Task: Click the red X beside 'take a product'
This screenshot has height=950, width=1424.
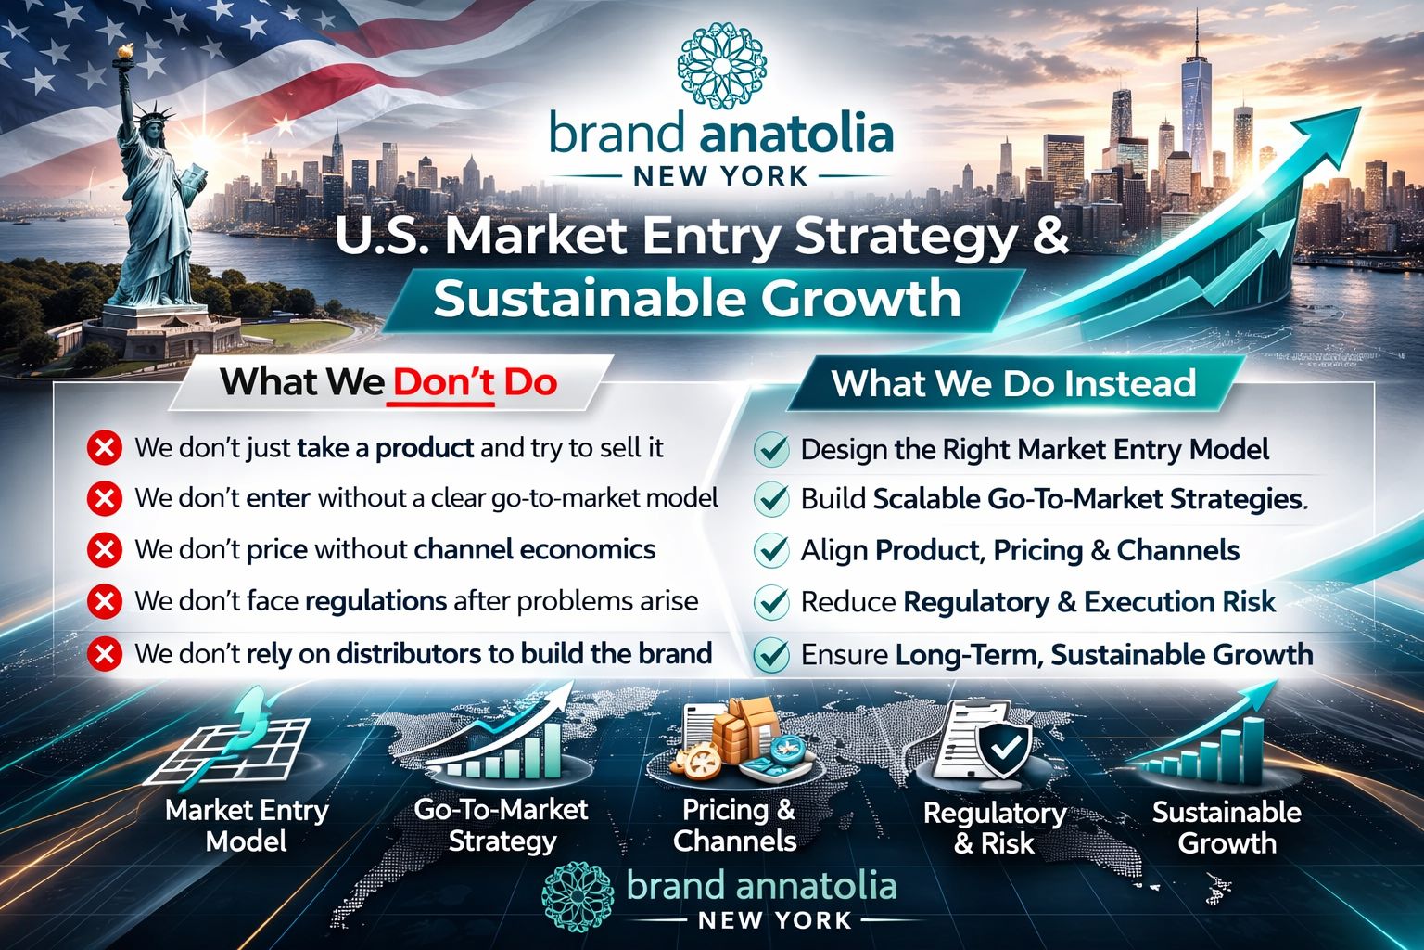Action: click(x=104, y=449)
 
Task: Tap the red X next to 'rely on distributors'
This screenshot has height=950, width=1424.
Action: click(x=104, y=654)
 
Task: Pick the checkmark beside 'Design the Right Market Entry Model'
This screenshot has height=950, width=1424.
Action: click(x=771, y=450)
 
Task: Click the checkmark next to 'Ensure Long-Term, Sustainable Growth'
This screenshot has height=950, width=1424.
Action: click(x=771, y=655)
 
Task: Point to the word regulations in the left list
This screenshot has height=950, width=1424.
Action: click(x=375, y=601)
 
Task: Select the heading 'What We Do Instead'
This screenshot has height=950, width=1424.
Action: click(x=1013, y=383)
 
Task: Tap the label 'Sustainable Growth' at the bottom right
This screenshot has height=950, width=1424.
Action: click(x=1227, y=828)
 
